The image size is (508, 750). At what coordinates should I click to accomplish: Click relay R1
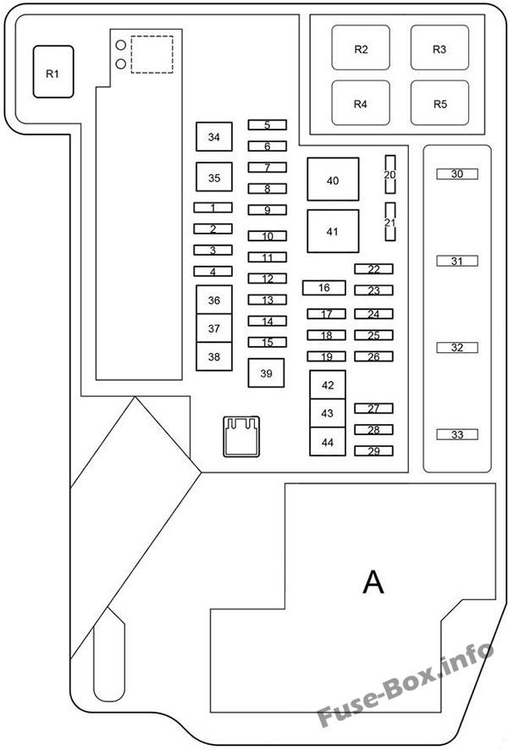tap(53, 72)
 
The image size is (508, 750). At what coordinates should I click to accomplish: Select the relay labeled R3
tap(439, 48)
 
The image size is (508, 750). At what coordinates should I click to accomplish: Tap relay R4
tap(361, 102)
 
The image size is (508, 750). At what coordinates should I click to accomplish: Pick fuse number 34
tap(214, 137)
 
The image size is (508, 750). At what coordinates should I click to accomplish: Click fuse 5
tap(268, 124)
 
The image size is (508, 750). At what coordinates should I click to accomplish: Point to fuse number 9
tap(268, 210)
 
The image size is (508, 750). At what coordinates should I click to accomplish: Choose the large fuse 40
tap(333, 179)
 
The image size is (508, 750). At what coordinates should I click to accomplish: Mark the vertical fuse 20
tap(390, 174)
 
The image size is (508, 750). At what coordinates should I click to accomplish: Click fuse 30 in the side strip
tap(457, 174)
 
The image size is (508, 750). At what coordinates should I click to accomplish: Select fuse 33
tap(457, 435)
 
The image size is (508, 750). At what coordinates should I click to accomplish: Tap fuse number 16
tap(323, 288)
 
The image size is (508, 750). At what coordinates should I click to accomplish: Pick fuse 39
tap(266, 373)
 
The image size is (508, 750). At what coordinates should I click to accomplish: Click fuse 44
tap(328, 442)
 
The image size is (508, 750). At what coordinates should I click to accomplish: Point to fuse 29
tap(373, 451)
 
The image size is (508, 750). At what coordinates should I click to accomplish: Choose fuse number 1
tap(213, 207)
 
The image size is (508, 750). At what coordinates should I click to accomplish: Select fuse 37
tap(214, 328)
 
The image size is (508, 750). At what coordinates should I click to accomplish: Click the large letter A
tap(373, 582)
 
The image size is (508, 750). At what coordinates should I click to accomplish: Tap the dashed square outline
tap(152, 36)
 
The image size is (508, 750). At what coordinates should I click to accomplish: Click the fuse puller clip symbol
tap(241, 437)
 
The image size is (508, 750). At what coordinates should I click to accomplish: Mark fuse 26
tap(373, 356)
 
